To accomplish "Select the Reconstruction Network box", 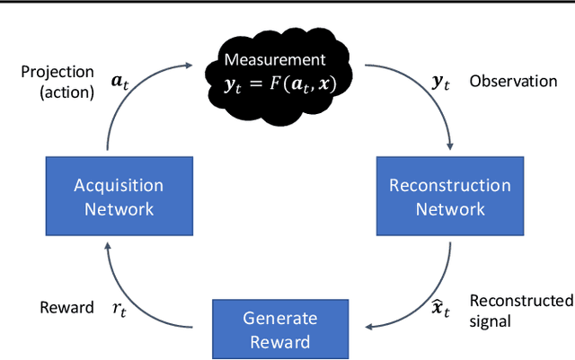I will click(x=449, y=198).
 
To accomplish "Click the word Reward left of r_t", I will click(x=66, y=308).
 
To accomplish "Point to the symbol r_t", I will click(x=118, y=309).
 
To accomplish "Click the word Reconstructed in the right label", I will click(x=521, y=301).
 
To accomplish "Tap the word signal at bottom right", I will click(x=491, y=320).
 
